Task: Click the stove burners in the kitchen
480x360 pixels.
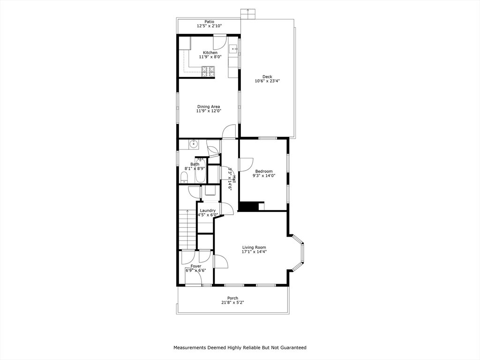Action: tap(209, 71)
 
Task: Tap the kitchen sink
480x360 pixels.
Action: tap(232, 49)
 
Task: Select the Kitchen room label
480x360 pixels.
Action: tap(210, 52)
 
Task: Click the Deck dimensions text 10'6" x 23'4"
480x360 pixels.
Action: tap(267, 81)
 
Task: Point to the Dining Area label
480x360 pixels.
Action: tap(209, 106)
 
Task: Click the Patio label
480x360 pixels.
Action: tap(209, 22)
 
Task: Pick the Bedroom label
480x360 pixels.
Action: tap(264, 171)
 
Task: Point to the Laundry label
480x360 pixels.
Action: tap(208, 210)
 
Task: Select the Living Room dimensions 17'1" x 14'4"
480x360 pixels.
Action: tap(254, 252)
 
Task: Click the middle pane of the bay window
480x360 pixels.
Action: tap(303, 253)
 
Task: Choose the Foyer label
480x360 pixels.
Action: tap(196, 266)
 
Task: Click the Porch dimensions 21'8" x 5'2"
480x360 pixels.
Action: tap(232, 302)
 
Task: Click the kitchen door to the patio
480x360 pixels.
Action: tap(220, 42)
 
